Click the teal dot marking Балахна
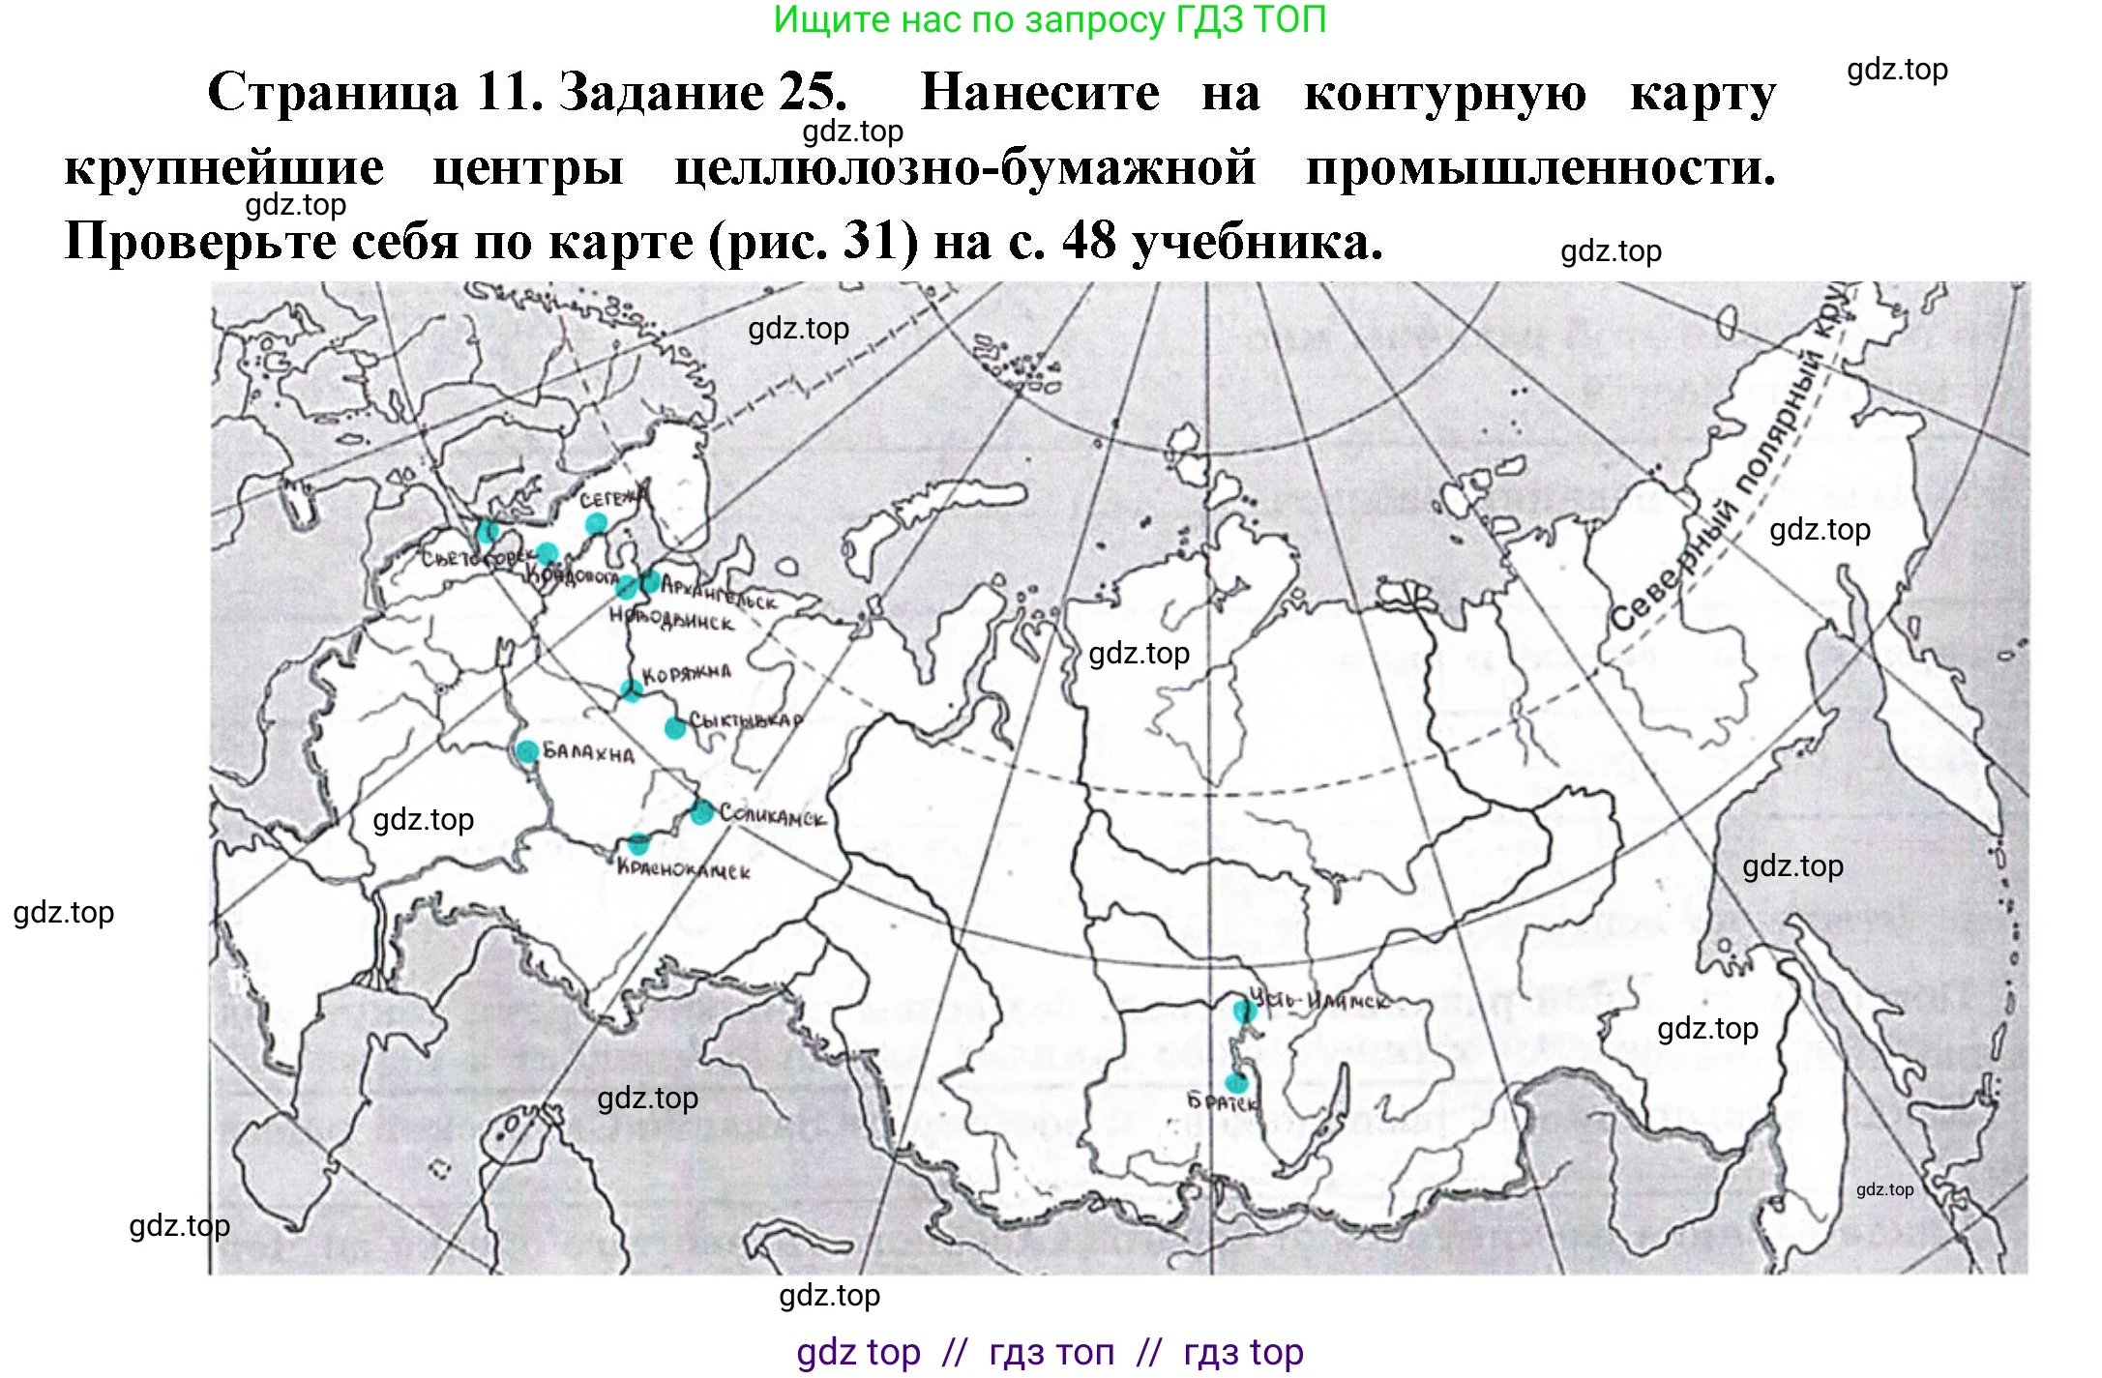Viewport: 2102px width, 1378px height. [x=527, y=751]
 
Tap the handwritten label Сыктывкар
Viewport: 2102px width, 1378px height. [x=746, y=721]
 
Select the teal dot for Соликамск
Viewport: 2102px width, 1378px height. [x=702, y=812]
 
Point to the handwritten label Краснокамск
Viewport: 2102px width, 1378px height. [x=684, y=868]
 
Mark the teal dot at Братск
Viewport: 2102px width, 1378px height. [x=1236, y=1083]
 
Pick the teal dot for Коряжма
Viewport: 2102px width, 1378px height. [x=631, y=690]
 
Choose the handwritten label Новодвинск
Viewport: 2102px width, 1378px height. [x=671, y=620]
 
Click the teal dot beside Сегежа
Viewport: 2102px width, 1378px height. [x=596, y=524]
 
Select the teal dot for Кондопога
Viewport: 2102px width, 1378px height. [x=547, y=553]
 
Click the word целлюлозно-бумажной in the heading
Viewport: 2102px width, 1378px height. [x=964, y=167]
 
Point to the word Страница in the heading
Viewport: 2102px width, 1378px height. [x=333, y=93]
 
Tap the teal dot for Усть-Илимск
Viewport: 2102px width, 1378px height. [x=1244, y=1012]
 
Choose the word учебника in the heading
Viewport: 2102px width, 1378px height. [x=1257, y=241]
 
